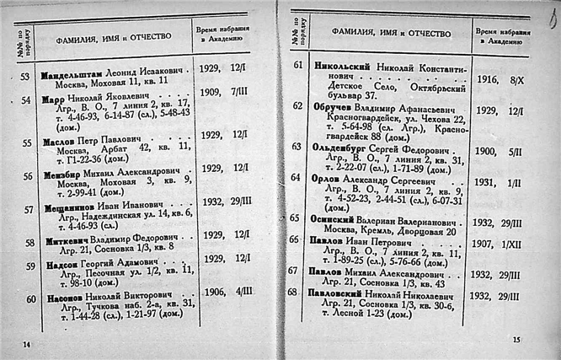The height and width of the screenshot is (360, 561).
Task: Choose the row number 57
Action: [26, 205]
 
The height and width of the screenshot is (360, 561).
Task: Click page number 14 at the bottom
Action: [25, 344]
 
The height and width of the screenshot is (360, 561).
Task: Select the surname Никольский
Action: [349, 64]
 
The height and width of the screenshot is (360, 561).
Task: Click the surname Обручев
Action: [337, 107]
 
